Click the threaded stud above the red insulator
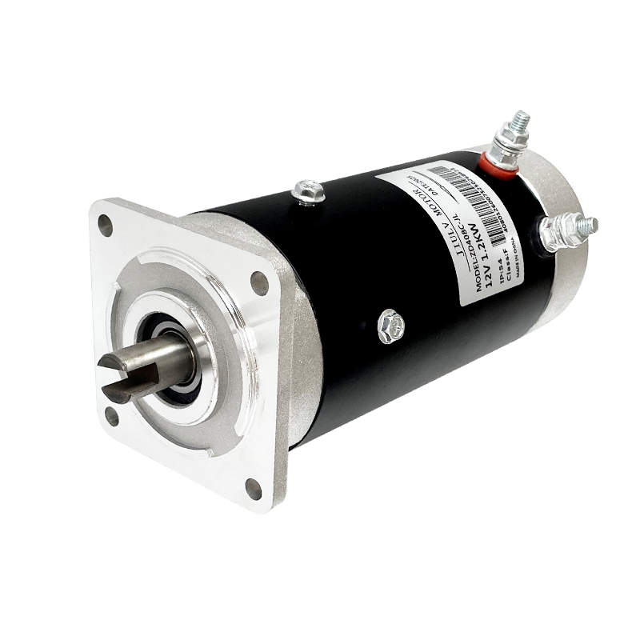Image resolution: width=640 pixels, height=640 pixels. point(516,128)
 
